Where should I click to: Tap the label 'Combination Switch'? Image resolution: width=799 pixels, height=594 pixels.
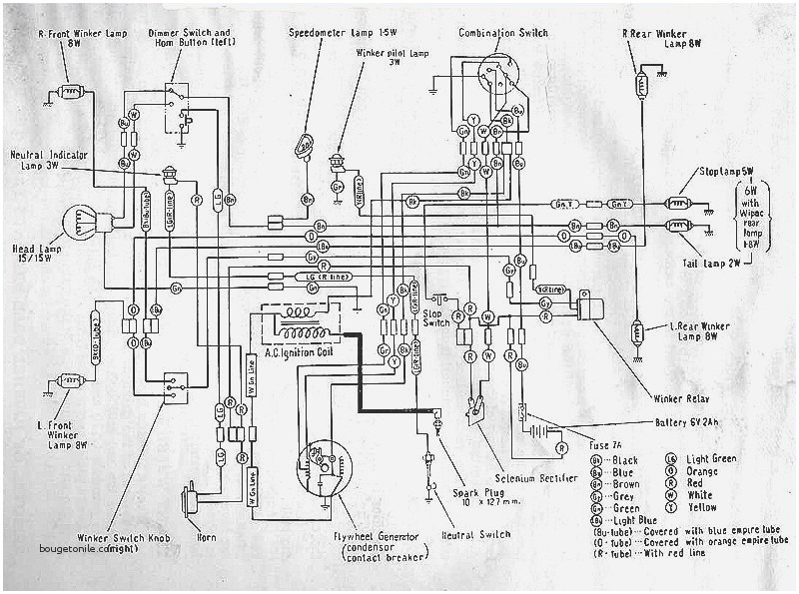[x=502, y=33]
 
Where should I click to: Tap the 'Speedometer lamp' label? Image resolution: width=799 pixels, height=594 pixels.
[x=335, y=33]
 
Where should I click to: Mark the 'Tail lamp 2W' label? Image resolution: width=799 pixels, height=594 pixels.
[x=719, y=263]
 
